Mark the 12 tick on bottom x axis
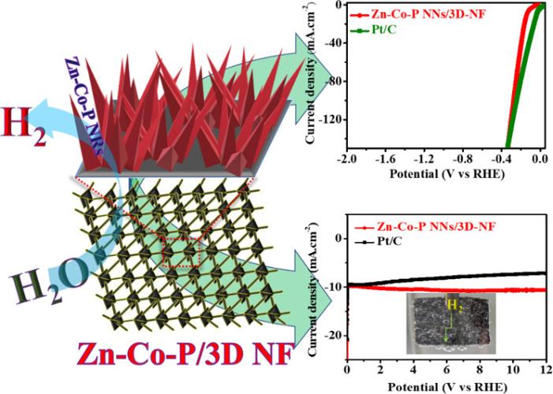click(x=544, y=369)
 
